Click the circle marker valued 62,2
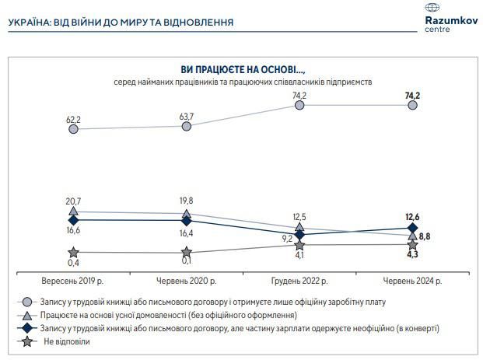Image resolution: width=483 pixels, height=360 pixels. (x=73, y=129)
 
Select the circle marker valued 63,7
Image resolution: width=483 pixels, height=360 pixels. (x=187, y=125)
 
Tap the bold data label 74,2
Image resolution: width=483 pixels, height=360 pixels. (x=413, y=95)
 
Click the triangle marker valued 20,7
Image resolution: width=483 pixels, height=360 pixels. (x=73, y=211)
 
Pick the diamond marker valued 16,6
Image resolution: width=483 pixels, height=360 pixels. (x=73, y=220)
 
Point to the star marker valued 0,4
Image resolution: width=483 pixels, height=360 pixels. (x=73, y=252)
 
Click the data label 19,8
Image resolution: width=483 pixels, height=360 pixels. (x=186, y=199)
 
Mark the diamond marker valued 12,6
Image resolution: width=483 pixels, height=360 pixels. (x=413, y=228)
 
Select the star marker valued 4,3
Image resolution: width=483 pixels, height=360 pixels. (x=413, y=245)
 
